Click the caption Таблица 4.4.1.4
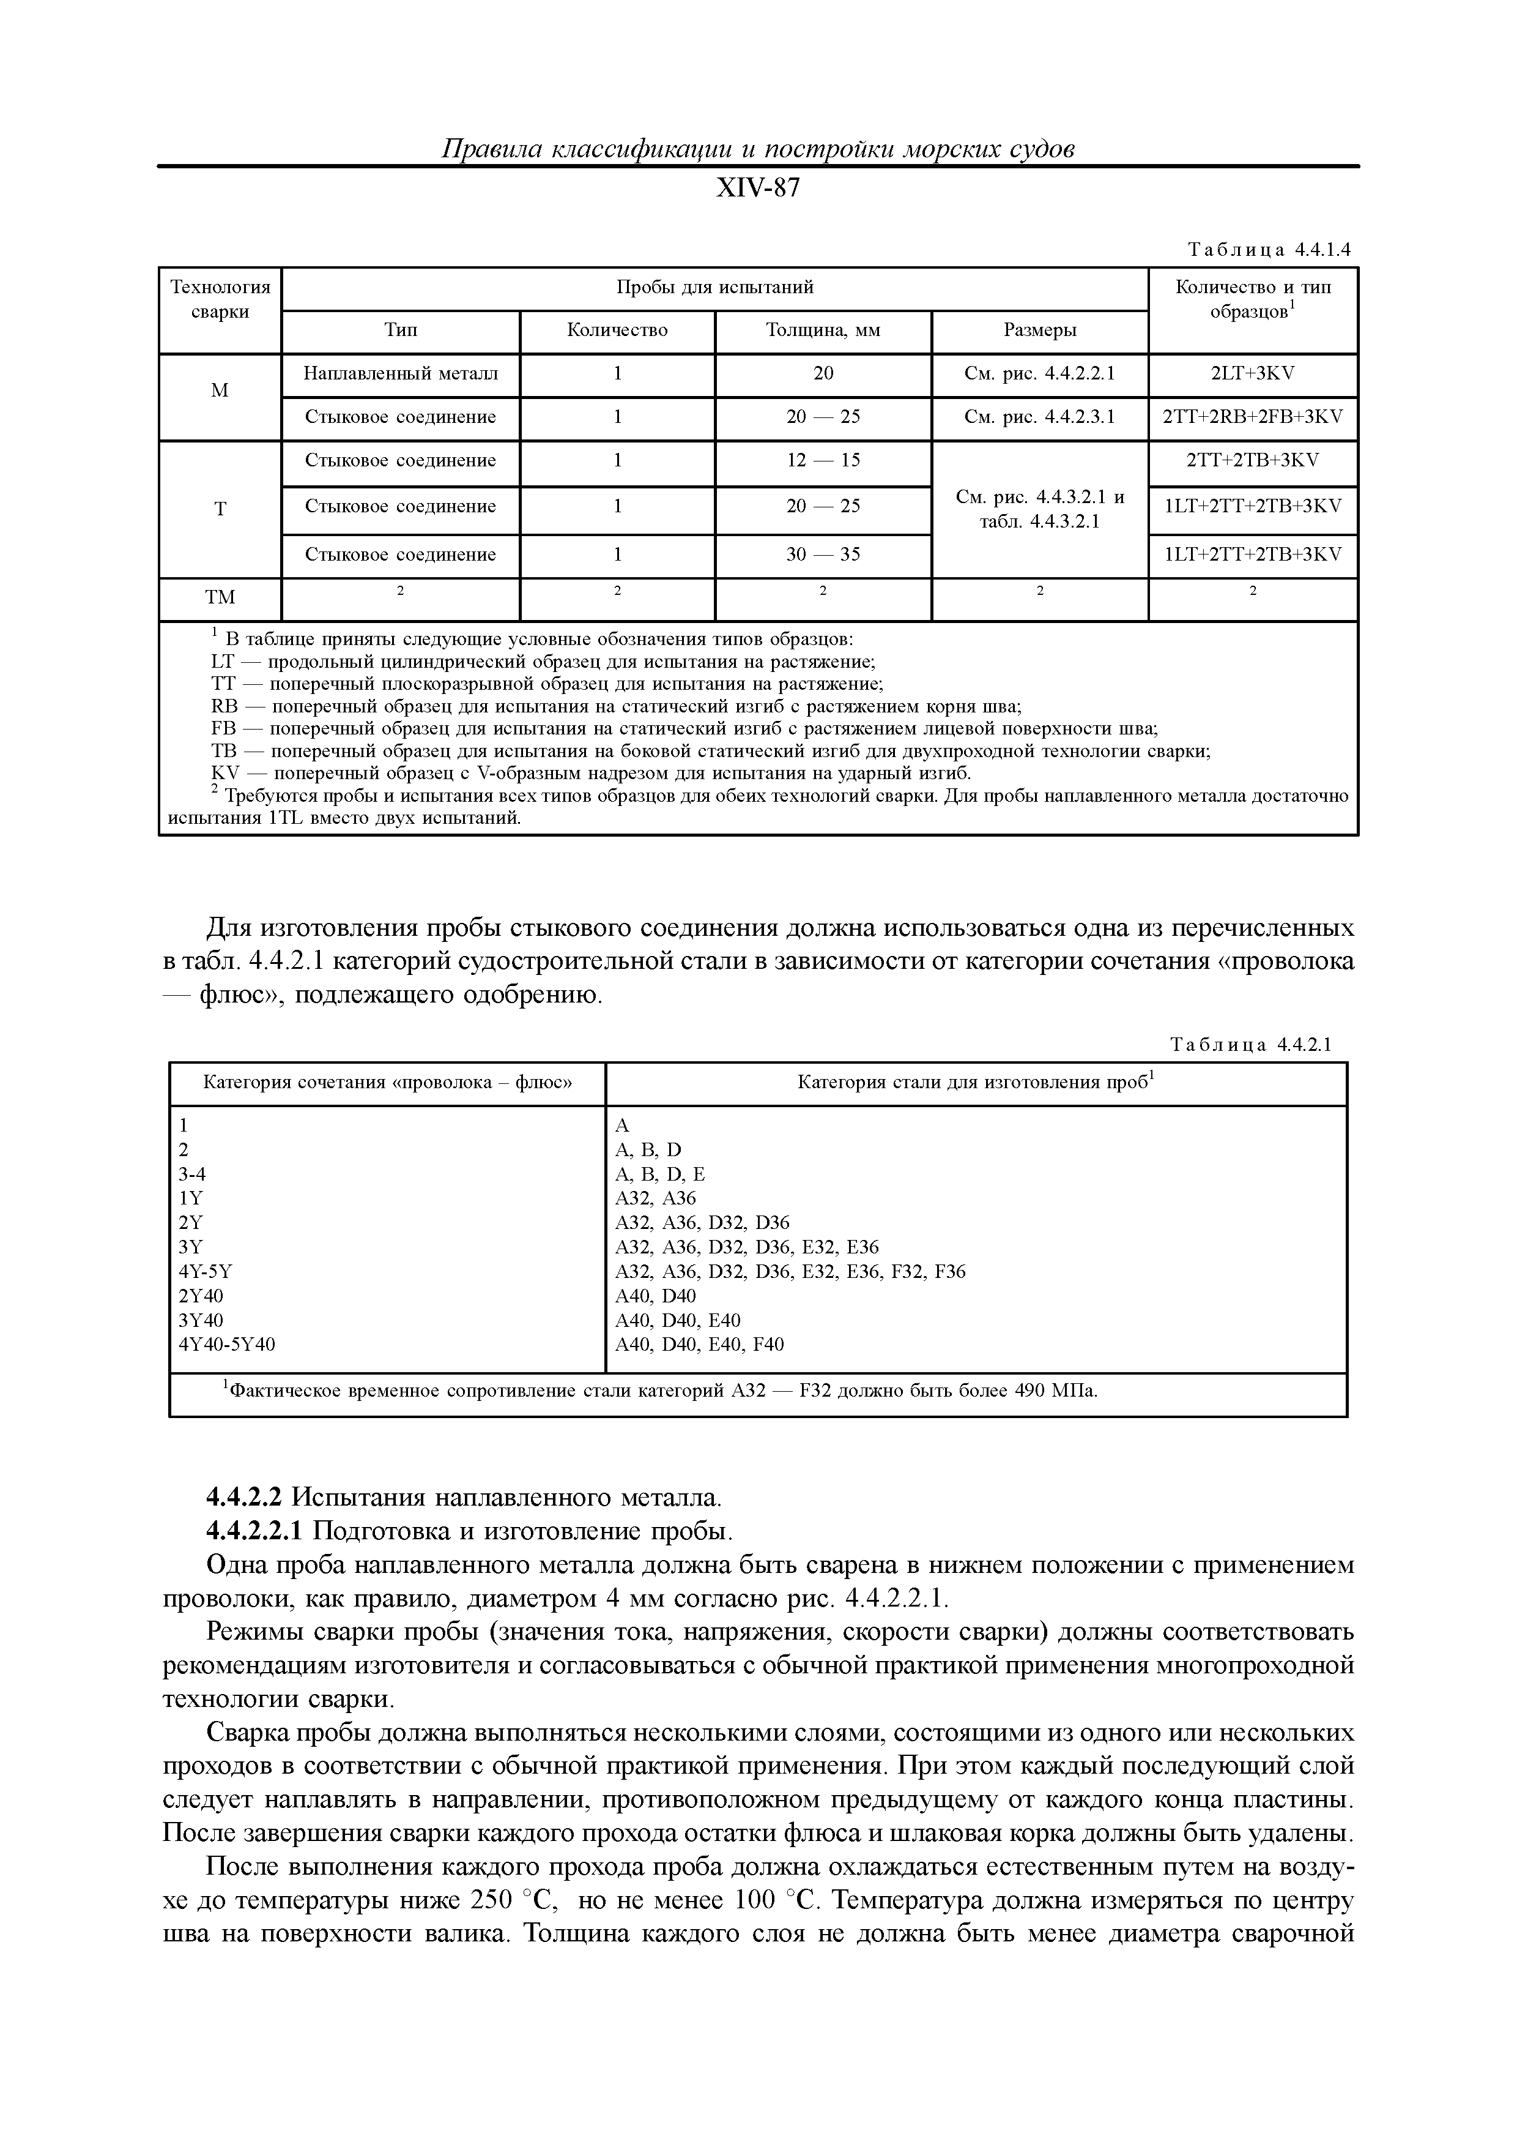pos(1269,250)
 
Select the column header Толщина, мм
pos(823,330)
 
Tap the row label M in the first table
pos(220,391)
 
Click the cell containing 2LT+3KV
pos(1253,373)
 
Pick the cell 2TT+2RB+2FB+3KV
pos(1253,417)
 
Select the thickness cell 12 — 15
pos(823,460)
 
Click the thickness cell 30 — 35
pos(823,554)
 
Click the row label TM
pos(220,597)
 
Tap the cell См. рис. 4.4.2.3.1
pos(1039,417)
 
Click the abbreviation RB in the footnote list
pos(224,707)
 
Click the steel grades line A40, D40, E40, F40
pos(699,1345)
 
